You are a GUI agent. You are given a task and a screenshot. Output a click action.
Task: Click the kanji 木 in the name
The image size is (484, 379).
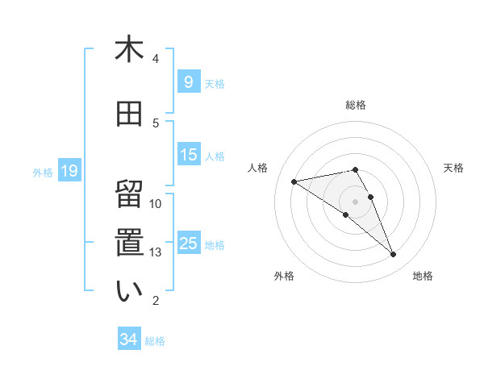click(129, 50)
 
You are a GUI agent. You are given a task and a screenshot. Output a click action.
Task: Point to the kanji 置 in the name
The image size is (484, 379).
click(129, 243)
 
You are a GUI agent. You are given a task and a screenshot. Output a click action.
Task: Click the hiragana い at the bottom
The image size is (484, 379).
click(129, 292)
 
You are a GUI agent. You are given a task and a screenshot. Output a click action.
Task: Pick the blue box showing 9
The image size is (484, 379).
click(188, 82)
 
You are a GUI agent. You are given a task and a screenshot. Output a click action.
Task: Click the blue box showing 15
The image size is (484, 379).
click(189, 155)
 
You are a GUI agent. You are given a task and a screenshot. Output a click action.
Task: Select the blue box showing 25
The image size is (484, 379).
click(189, 244)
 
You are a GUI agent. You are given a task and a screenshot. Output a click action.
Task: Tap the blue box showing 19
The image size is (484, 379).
click(69, 171)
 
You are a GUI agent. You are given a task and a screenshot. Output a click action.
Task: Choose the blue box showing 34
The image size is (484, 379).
click(129, 339)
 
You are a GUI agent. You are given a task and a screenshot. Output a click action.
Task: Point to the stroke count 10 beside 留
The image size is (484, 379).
click(156, 204)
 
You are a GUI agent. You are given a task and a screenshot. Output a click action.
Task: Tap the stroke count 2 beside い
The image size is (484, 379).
click(156, 301)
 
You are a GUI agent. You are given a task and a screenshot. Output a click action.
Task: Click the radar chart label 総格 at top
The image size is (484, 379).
click(356, 105)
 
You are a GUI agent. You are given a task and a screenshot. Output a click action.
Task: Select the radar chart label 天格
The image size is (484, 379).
click(453, 168)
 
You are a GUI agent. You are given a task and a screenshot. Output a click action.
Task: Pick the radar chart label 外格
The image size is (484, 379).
click(284, 276)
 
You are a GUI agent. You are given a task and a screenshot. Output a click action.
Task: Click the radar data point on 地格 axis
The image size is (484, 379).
click(394, 255)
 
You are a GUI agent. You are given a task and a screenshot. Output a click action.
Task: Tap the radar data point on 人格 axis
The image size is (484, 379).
click(294, 181)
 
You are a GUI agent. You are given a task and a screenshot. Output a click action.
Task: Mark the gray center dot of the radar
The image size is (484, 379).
click(356, 201)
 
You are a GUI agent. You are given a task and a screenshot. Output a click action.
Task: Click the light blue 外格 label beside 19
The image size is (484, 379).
click(42, 172)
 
